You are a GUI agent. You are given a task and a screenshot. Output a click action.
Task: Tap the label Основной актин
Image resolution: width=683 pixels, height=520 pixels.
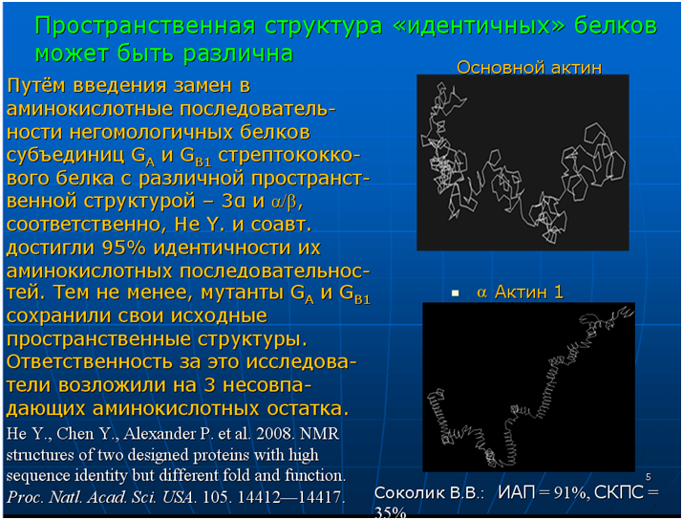point(529,68)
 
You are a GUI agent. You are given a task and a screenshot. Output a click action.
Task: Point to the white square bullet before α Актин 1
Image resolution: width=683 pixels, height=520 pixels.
point(456,293)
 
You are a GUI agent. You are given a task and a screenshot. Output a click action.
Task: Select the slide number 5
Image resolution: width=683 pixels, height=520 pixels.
point(649,477)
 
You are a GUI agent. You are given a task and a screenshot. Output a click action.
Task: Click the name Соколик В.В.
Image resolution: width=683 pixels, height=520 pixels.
point(429,493)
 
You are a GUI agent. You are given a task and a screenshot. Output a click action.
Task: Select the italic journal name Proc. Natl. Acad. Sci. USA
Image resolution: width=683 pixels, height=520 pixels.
point(99,497)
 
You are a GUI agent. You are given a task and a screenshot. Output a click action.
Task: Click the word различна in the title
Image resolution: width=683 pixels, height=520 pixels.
point(238,54)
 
